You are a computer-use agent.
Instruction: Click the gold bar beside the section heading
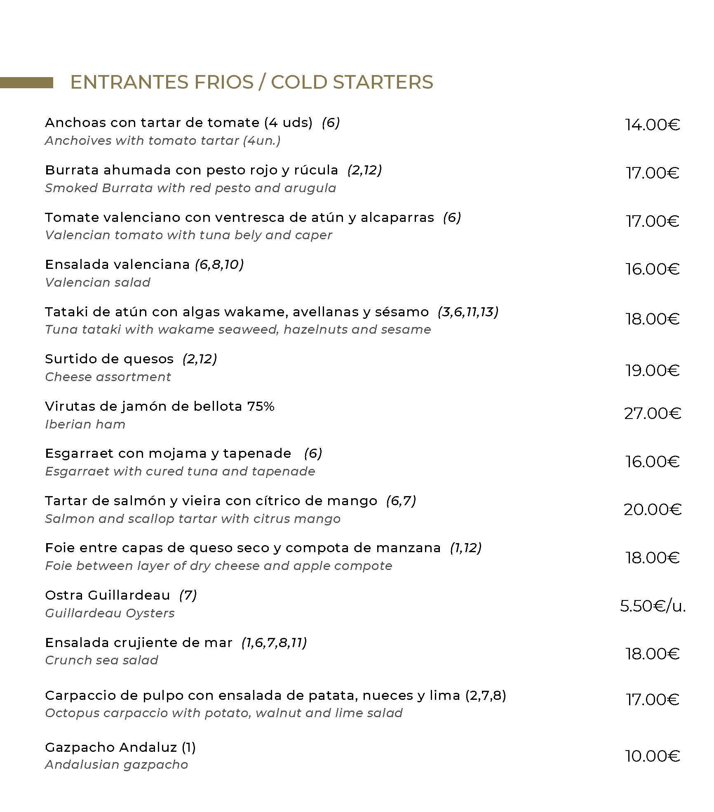[26, 82]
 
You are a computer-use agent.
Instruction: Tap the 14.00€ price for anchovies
[652, 125]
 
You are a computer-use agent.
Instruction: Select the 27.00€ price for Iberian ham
[652, 413]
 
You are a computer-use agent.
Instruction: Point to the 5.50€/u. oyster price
[653, 606]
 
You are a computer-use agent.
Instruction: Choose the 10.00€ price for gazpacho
[652, 756]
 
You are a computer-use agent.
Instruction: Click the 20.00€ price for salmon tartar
[652, 510]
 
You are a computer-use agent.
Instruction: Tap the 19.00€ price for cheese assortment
[652, 370]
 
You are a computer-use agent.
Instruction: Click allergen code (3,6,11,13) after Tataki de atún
[468, 312]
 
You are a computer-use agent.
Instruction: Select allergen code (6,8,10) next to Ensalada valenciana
[219, 264]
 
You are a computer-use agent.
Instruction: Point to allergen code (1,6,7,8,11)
[274, 643]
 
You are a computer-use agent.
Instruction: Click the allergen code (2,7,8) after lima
[486, 695]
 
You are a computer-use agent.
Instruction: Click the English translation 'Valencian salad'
[98, 282]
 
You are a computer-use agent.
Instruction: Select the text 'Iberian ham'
[85, 424]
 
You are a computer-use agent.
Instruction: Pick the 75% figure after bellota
[261, 406]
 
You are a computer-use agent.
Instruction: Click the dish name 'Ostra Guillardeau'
[107, 595]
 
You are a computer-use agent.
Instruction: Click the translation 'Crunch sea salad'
[101, 660]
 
